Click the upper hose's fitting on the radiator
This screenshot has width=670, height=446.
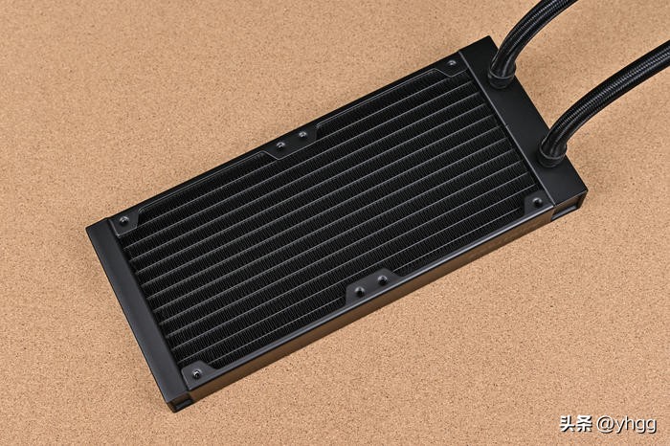click(500, 77)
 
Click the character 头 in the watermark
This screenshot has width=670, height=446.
click(568, 424)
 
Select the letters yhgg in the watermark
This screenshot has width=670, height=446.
click(635, 426)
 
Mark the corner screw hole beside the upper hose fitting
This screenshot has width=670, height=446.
click(452, 64)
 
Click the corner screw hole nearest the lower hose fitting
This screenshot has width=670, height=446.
click(537, 203)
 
